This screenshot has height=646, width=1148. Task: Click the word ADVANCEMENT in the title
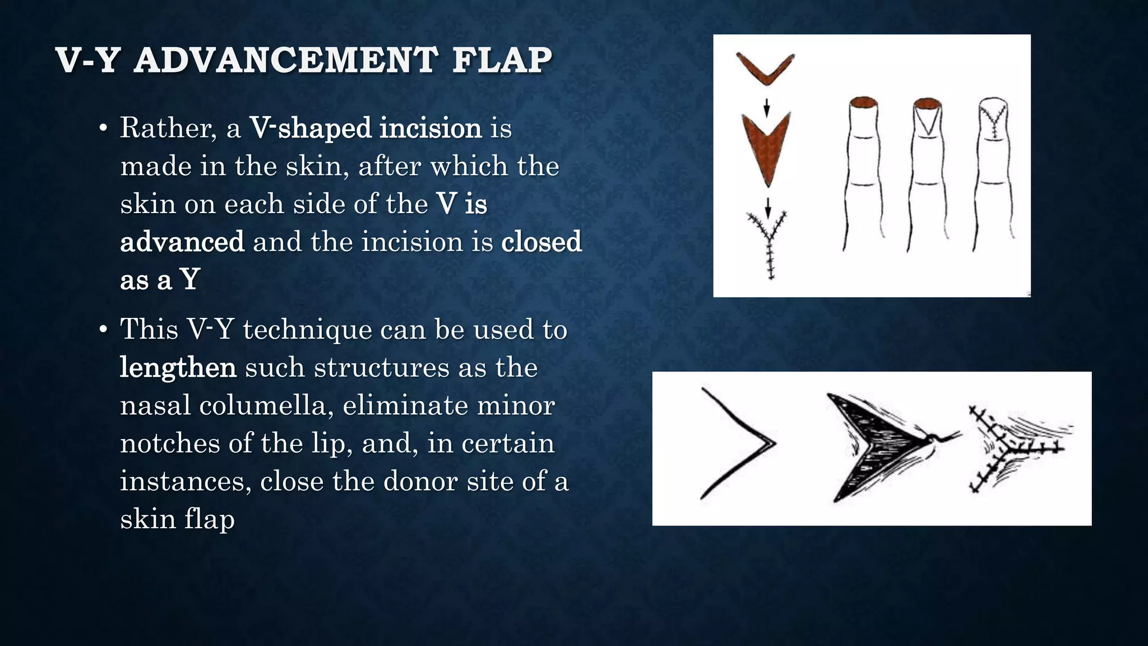[286, 60]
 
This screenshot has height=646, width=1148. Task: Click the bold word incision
[430, 128]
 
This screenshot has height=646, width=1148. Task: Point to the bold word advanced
[182, 242]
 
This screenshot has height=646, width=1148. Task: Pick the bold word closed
[541, 242]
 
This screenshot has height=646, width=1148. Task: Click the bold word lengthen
[178, 368]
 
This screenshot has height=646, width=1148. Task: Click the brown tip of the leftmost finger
[863, 102]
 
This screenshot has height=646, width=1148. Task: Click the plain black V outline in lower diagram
[737, 443]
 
